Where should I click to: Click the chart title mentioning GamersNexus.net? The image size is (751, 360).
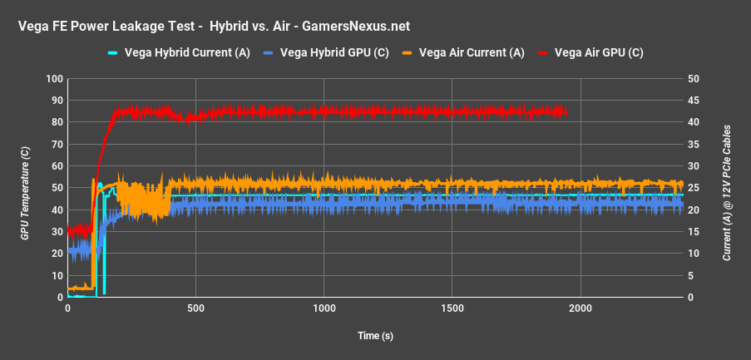tap(214, 27)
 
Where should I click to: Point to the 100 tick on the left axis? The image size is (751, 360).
tap(55, 79)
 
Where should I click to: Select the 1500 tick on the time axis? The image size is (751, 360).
tap(452, 308)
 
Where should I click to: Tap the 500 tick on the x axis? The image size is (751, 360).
tap(195, 308)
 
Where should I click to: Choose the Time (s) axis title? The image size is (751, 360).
tap(375, 335)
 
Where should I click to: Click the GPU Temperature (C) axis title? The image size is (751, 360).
tap(25, 189)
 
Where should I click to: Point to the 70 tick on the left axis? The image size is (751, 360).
tap(57, 145)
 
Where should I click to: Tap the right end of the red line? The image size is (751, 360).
tap(566, 111)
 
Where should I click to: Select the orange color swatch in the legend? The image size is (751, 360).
tap(409, 52)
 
